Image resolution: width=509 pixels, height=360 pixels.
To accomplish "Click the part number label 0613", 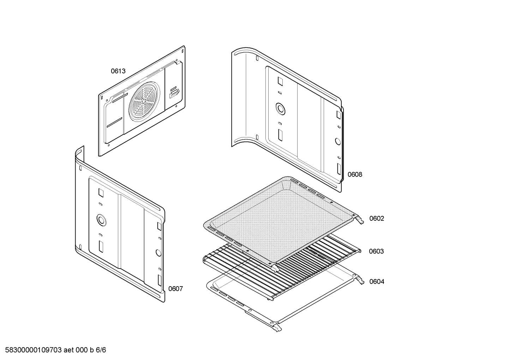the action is pyautogui.click(x=118, y=71).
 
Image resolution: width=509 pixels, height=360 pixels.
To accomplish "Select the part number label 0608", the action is pyautogui.click(x=355, y=175).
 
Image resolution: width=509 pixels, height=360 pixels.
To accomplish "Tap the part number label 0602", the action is pyautogui.click(x=377, y=218).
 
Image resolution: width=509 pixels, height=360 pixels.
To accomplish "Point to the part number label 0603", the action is pyautogui.click(x=376, y=251).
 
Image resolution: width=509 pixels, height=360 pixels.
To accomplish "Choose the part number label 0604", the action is pyautogui.click(x=377, y=282).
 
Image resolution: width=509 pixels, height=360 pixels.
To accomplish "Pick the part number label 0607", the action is pyautogui.click(x=175, y=289).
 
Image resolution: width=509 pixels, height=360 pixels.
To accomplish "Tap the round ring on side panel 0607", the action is pyautogui.click(x=101, y=220).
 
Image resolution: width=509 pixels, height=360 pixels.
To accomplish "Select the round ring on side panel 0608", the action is pyautogui.click(x=281, y=109).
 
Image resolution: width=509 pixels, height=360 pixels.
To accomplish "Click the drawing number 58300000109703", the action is pyautogui.click(x=34, y=350).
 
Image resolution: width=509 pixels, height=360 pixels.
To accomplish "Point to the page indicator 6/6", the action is pyautogui.click(x=101, y=350).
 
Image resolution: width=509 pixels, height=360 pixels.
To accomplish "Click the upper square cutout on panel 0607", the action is pyautogui.click(x=101, y=192).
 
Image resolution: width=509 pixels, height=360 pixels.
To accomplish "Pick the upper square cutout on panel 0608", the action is pyautogui.click(x=280, y=81).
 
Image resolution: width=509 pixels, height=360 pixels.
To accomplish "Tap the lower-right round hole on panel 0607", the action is pyautogui.click(x=158, y=253).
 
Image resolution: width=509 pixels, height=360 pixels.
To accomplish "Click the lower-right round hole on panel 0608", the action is pyautogui.click(x=338, y=142).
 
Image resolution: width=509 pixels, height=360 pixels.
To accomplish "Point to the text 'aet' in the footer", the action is pyautogui.click(x=68, y=350).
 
